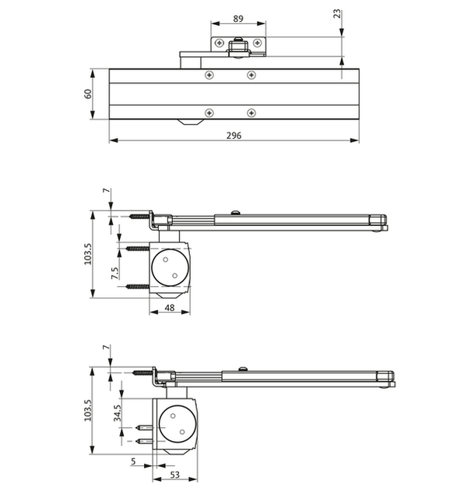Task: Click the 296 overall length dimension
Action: click(x=234, y=136)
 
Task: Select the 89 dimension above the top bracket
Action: click(x=238, y=19)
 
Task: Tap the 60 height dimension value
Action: click(x=88, y=94)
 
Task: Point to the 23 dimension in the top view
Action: click(x=337, y=14)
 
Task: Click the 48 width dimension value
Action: click(x=170, y=308)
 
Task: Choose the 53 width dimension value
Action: click(x=175, y=475)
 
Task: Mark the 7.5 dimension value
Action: click(x=115, y=273)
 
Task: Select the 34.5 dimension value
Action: click(x=118, y=413)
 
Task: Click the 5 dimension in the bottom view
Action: click(x=134, y=461)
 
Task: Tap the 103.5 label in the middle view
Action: click(x=88, y=254)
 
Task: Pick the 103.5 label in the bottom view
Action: click(x=88, y=410)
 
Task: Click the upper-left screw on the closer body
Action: click(x=209, y=75)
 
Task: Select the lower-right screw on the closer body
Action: click(x=251, y=113)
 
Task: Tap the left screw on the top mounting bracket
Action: click(x=220, y=43)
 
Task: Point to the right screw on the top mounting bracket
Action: click(x=257, y=43)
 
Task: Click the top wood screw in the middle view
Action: click(x=139, y=216)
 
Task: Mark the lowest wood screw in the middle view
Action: click(x=138, y=286)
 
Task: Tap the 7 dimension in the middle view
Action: click(x=107, y=190)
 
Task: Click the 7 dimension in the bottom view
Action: click(x=107, y=348)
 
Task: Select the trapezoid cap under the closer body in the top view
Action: click(x=190, y=122)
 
